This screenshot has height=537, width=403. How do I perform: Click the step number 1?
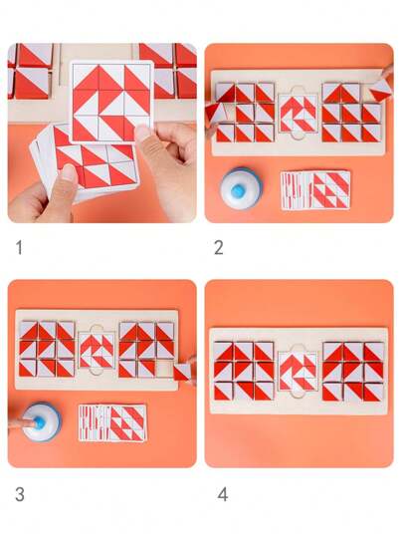point(19,247)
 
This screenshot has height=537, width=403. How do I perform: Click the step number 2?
point(219,247)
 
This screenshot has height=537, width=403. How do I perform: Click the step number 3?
point(20,494)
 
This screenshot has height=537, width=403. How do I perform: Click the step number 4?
point(223,494)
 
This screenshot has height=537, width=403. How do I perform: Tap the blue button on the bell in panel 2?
point(238,190)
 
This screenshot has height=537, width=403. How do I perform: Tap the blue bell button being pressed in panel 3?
point(40,422)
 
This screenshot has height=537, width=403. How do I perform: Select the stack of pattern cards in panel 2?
point(315,190)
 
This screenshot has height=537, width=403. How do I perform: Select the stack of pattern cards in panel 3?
point(112,423)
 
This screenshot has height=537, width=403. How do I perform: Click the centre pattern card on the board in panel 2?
point(298,114)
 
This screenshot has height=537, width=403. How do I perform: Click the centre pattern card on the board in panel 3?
point(97,350)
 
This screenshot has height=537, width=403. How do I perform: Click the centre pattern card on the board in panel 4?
point(298,372)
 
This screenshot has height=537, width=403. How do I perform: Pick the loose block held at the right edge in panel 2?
point(380,90)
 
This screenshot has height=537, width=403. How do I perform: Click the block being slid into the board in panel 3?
point(182,372)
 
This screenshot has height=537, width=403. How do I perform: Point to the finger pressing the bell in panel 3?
point(21,423)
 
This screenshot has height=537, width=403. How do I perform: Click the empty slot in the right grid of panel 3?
point(165,369)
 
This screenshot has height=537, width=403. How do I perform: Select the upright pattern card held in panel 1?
point(111,102)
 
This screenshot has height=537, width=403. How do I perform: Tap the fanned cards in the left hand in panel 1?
point(85,163)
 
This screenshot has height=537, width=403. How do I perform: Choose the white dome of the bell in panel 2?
point(241,188)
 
